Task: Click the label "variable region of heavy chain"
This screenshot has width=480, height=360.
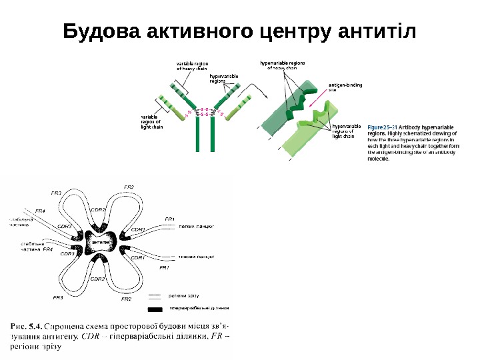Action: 192,65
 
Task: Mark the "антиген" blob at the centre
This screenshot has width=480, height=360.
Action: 101,242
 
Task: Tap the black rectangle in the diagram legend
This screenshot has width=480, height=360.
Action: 155,309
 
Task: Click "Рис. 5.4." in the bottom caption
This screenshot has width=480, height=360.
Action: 26,326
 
